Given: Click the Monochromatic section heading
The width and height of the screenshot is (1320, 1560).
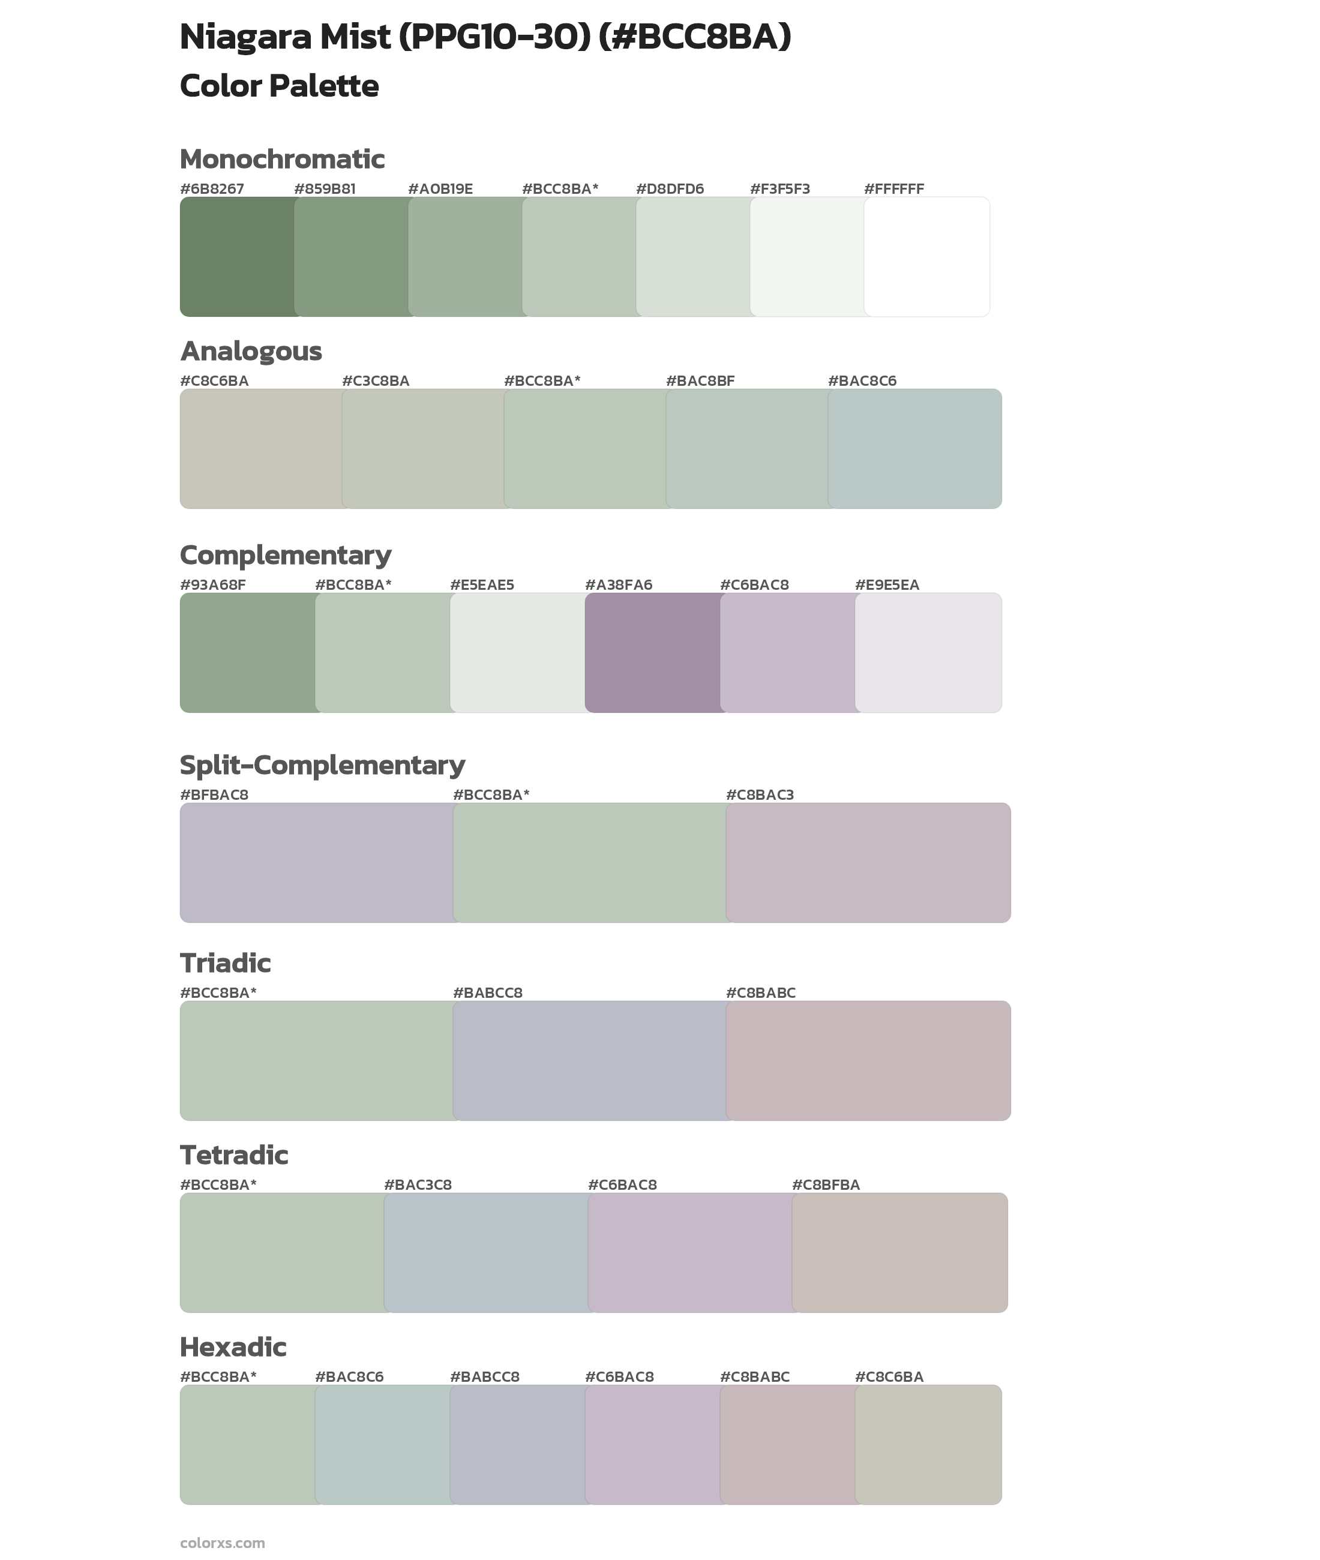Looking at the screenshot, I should point(282,160).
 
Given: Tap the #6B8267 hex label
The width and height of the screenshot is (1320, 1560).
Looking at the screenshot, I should point(212,188).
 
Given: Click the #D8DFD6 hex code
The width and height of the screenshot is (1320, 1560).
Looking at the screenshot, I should point(670,188).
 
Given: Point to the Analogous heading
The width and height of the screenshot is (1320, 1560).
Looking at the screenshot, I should point(251,351).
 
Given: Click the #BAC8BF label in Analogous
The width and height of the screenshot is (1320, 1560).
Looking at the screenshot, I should point(700,381).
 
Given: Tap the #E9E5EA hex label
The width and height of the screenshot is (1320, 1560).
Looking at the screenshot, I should point(887,585).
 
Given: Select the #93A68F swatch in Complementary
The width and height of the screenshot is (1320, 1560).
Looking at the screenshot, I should point(248,652).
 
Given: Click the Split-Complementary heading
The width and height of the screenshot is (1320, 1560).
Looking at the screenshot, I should point(322,764).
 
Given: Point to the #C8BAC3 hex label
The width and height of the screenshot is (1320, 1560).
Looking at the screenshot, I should point(760,794).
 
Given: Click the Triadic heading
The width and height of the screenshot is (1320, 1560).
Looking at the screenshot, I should point(225,963).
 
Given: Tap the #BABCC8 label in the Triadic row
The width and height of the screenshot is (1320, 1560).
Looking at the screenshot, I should point(487,993).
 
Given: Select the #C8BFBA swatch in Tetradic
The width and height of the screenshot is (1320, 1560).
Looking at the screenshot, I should point(899,1252).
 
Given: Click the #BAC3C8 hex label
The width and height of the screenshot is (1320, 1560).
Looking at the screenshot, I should point(418,1184).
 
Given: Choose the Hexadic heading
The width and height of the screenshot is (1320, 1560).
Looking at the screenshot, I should point(233,1347).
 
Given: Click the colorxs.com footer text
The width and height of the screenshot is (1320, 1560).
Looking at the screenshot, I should point(222,1543).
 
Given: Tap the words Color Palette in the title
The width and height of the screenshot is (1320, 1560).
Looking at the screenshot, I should point(279,86).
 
